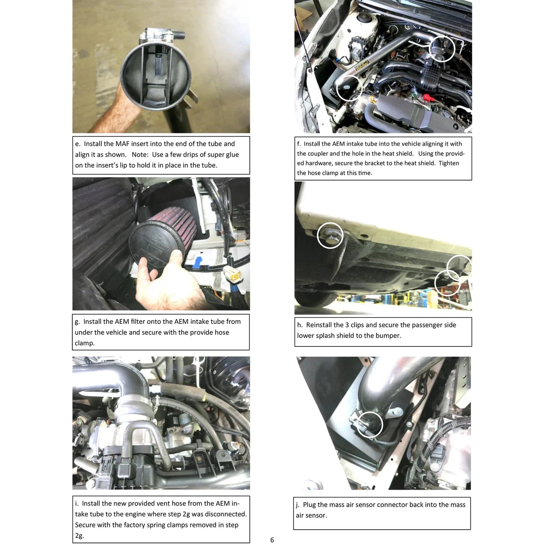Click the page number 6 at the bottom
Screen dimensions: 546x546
click(x=272, y=540)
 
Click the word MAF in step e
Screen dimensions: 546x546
click(x=122, y=144)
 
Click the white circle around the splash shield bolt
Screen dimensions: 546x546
click(x=330, y=236)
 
